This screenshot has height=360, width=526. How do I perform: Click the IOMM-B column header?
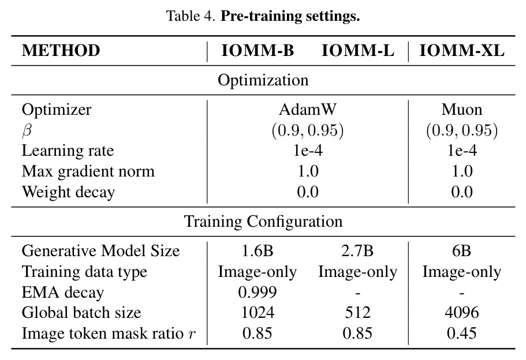point(258,51)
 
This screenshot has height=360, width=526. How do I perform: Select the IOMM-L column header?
point(357,51)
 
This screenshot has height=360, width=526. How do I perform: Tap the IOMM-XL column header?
point(462,51)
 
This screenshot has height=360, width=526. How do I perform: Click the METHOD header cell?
point(61,51)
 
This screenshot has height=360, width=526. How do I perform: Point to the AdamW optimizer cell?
point(308,109)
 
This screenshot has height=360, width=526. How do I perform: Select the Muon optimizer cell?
point(462,109)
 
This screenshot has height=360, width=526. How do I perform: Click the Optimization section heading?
point(263,80)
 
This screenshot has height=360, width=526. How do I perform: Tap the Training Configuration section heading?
point(263,222)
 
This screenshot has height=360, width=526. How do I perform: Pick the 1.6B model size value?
point(258,251)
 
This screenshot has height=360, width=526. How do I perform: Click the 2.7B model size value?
point(357,251)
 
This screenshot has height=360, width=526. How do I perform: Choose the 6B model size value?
point(461,251)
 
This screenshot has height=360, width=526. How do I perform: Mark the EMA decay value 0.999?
point(258,292)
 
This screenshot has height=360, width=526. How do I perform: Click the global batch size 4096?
point(462,312)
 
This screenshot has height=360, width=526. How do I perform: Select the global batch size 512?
point(358,312)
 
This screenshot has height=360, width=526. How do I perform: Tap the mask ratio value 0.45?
point(462,333)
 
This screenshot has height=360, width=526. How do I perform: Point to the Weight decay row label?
point(69,192)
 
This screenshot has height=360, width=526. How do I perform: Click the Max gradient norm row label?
point(88,171)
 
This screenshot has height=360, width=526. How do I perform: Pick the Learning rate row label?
point(68,151)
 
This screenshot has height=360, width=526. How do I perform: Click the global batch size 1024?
point(258,312)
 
